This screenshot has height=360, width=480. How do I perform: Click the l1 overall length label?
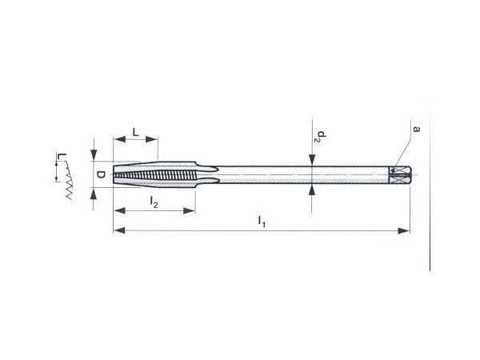pyautogui.click(x=262, y=222)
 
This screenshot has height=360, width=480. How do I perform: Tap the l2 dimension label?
pyautogui.click(x=154, y=202)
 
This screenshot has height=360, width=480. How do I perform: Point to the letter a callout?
pyautogui.click(x=416, y=129)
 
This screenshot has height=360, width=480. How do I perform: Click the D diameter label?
pyautogui.click(x=101, y=174)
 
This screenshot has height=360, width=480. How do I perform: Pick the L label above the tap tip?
pyautogui.click(x=136, y=132)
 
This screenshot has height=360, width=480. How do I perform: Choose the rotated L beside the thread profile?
pyautogui.click(x=62, y=157)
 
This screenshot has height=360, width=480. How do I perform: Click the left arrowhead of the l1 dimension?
pyautogui.click(x=119, y=230)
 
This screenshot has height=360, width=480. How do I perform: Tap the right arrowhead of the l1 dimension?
pyautogui.click(x=403, y=230)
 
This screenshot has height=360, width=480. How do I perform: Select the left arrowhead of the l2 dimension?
pyautogui.click(x=119, y=210)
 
